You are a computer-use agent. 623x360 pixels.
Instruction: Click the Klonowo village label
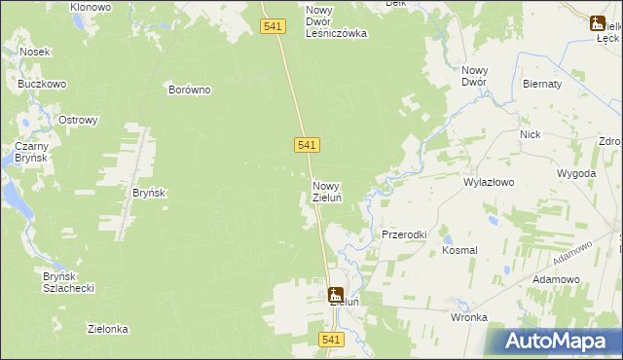pyautogui.click(x=91, y=6)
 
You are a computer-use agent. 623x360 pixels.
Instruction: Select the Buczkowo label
pyautogui.click(x=42, y=84)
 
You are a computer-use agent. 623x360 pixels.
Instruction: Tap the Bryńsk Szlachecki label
pyautogui.click(x=67, y=282)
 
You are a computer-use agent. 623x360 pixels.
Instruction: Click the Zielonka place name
pyautogui.click(x=108, y=329)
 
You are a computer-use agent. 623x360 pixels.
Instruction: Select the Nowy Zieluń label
pyautogui.click(x=326, y=191)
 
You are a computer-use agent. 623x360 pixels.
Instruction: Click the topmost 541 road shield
pyautogui.click(x=274, y=27)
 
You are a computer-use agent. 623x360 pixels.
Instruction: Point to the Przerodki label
pyautogui.click(x=404, y=234)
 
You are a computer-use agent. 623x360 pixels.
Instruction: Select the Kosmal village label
pyautogui.click(x=459, y=250)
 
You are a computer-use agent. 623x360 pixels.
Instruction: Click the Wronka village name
pyautogui.click(x=468, y=317)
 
